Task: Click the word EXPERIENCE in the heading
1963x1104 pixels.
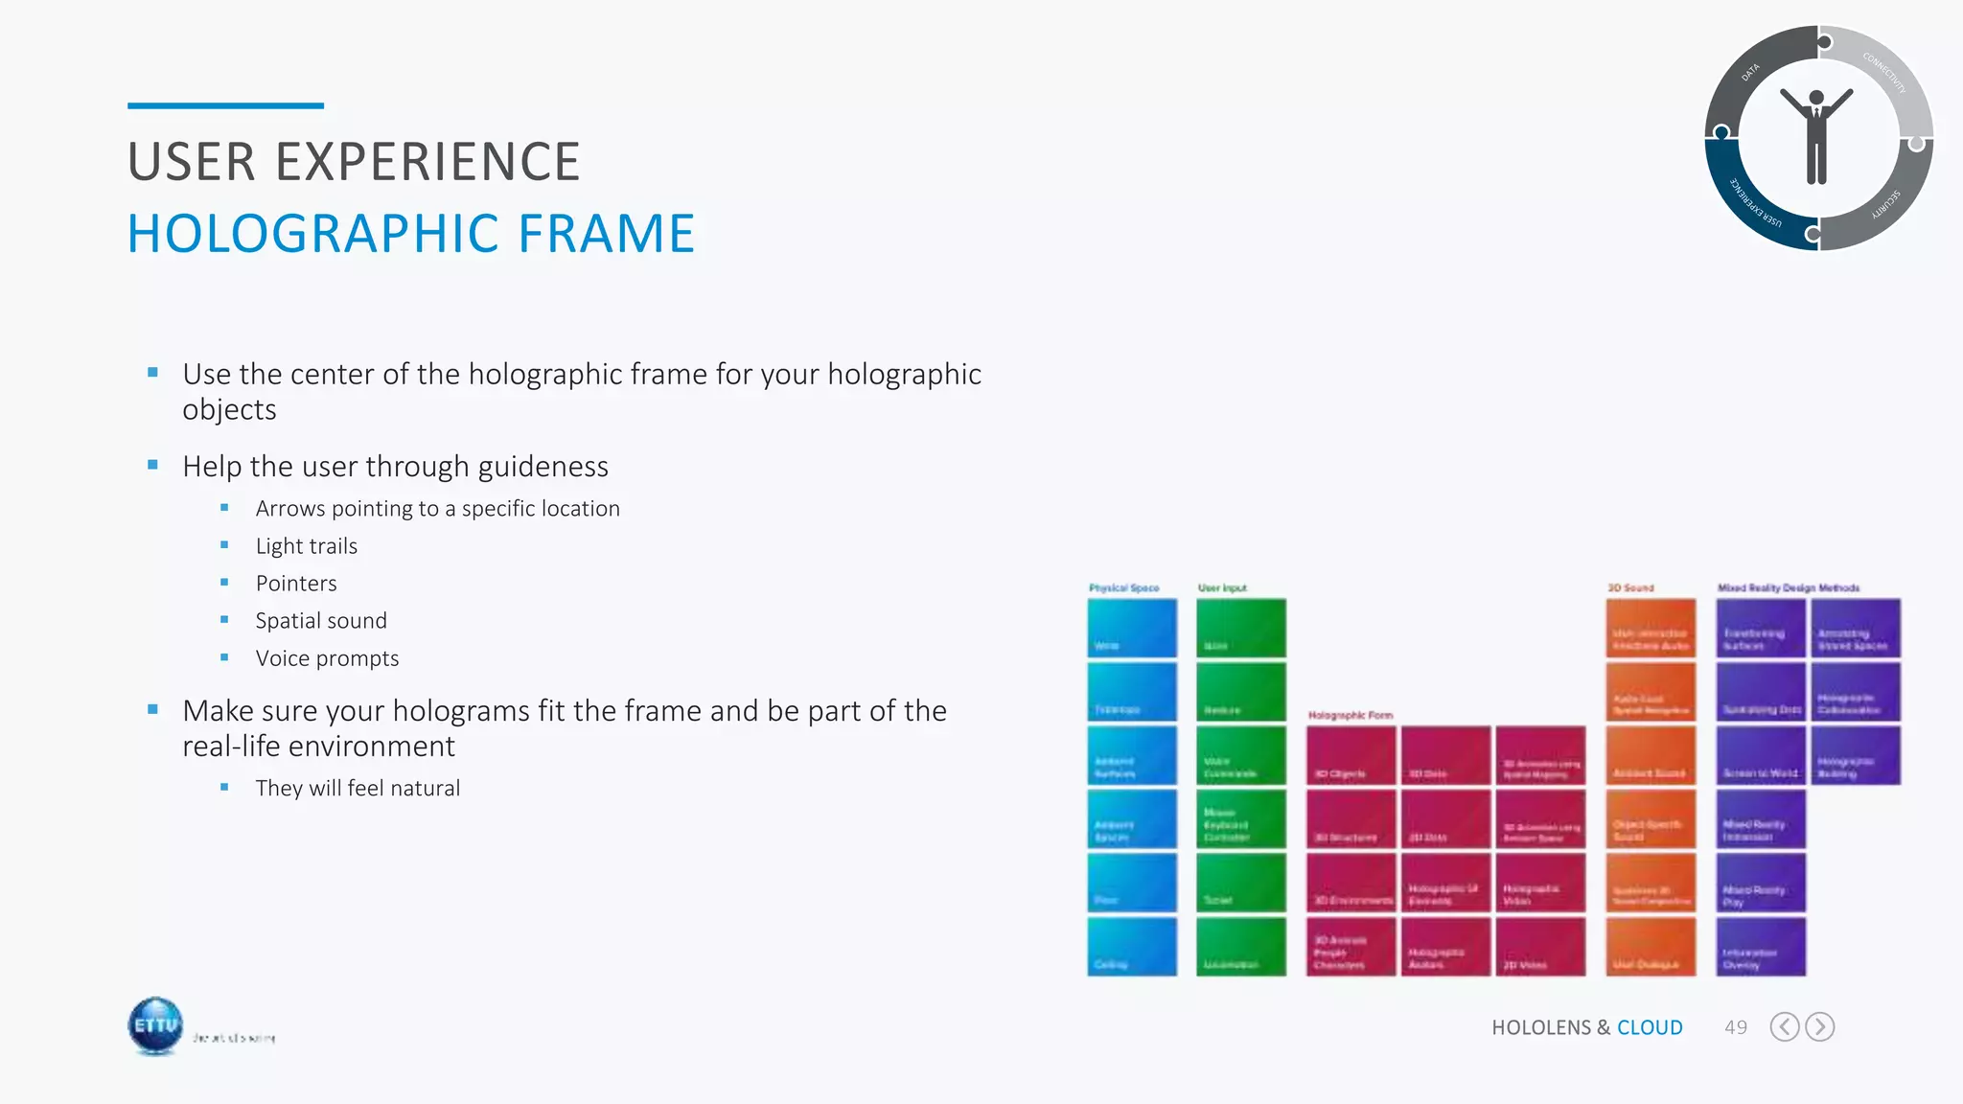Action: pos(427,162)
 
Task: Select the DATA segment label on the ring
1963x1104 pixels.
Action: pos(1750,72)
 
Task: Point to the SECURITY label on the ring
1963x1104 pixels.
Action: pos(1886,205)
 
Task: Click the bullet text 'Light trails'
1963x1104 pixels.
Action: pos(306,546)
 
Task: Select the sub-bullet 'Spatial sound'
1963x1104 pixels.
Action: pos(321,621)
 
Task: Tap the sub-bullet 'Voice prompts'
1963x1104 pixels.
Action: pos(327,658)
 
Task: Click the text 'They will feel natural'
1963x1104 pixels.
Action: pos(358,788)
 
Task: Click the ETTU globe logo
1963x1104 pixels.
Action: pos(155,1025)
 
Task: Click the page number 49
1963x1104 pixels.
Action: pos(1735,1027)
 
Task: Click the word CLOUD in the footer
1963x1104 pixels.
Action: pos(1650,1027)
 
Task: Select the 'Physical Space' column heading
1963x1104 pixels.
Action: pos(1123,587)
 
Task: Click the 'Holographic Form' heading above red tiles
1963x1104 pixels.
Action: pos(1350,715)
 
